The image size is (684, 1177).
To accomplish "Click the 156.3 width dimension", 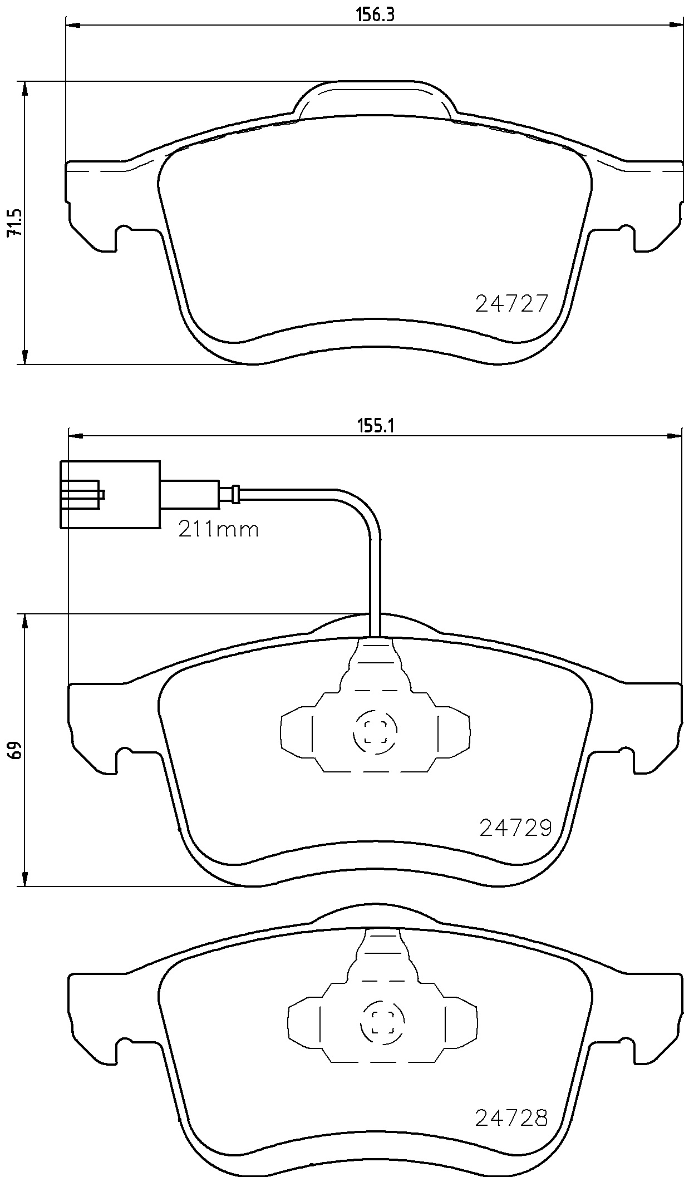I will pos(375,15).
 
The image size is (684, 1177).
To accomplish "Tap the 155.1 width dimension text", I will pos(375,426).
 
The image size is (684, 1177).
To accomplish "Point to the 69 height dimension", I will pos(16,750).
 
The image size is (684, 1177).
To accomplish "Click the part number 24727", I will pos(511,304).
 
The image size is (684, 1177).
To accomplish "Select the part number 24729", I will pos(515,828).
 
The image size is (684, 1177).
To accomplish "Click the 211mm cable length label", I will pos(218,529).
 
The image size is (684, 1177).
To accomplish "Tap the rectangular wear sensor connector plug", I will pos(110,494).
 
